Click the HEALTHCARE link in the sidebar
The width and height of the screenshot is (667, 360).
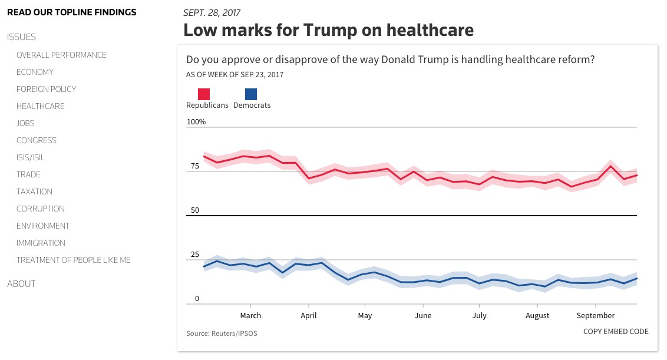coord(40,106)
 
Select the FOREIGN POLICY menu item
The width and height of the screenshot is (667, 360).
coord(46,89)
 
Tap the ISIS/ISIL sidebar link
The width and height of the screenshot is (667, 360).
coord(31,157)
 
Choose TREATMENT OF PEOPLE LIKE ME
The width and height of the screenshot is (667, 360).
coord(73,260)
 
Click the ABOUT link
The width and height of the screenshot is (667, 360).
coord(21,284)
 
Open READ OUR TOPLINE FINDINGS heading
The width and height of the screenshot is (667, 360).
coord(71,12)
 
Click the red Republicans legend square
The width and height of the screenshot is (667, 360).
coord(204,94)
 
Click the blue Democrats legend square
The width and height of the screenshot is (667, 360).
coord(251,94)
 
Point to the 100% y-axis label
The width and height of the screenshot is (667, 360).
coord(196,122)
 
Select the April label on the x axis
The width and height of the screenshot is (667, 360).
coord(308,316)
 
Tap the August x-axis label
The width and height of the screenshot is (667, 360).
coord(537,316)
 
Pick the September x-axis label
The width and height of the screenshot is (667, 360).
coord(596,316)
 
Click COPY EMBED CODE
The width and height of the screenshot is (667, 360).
coord(616,332)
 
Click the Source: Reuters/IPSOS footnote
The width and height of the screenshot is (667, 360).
coord(222,333)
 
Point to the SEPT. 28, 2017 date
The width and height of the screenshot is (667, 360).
coord(212,13)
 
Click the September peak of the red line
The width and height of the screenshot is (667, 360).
coord(611,166)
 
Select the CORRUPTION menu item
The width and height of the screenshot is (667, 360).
coord(40,209)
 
